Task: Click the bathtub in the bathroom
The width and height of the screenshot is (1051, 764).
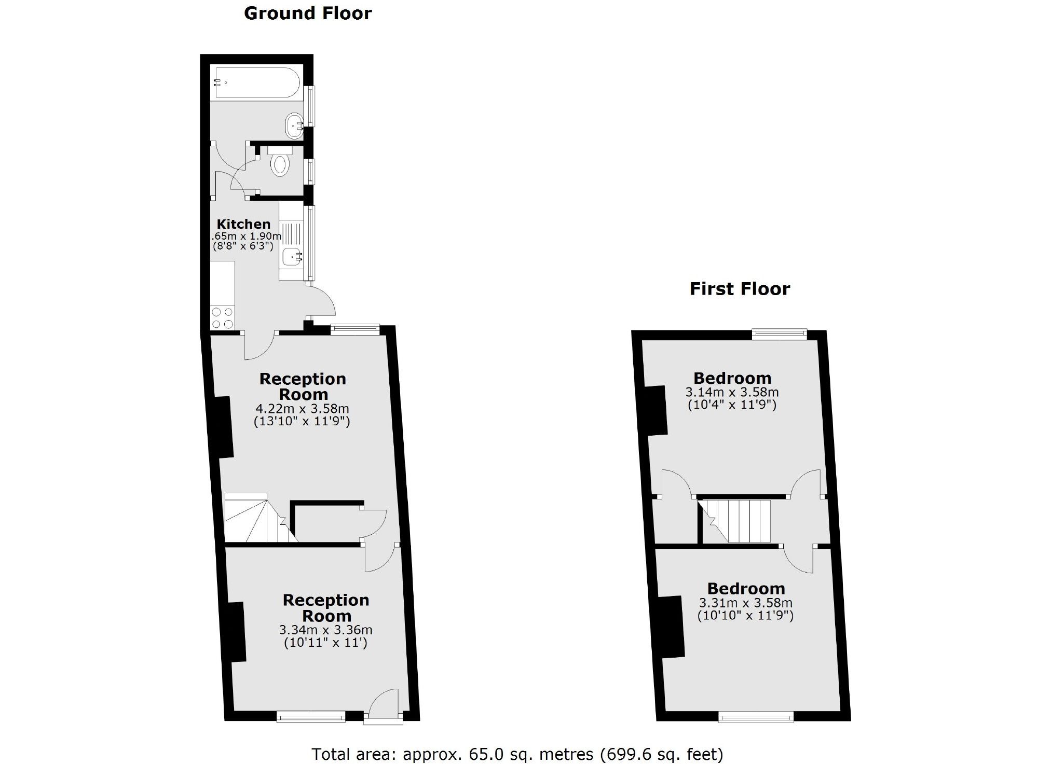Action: pos(257,82)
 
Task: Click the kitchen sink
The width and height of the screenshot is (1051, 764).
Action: pos(292,256)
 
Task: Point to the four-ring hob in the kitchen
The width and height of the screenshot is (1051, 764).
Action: pos(222,317)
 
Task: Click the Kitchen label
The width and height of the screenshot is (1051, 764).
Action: pos(243,224)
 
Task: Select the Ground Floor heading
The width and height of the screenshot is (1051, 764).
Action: pos(307,13)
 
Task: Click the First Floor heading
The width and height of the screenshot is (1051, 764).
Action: pos(739,289)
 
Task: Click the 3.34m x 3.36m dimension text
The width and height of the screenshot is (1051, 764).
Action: pos(325,630)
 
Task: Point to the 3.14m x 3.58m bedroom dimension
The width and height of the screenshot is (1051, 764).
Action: pos(732,392)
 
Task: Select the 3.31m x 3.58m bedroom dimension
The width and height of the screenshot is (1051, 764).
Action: pos(745,603)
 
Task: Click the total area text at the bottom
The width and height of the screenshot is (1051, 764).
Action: pos(517,754)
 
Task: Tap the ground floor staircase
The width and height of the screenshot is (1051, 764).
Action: pos(254,519)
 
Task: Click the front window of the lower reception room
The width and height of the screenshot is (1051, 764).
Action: pos(311,717)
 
